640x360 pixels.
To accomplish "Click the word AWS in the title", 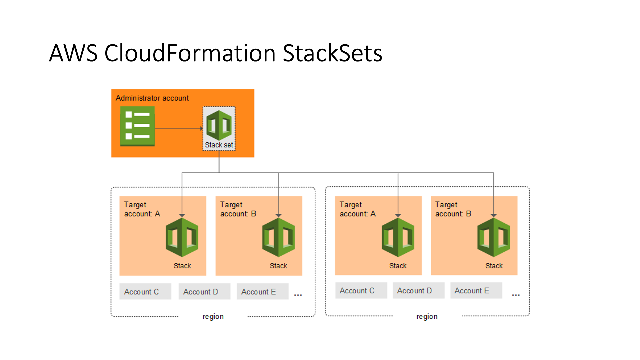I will [73, 53].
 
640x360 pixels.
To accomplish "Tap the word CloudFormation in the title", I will [190, 53].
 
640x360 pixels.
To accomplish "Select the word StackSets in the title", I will [332, 53].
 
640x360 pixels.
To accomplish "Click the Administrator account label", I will [152, 98].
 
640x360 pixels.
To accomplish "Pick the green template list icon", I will [137, 126].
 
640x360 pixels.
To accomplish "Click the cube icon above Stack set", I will [219, 125].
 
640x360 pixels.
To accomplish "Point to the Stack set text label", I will [219, 145].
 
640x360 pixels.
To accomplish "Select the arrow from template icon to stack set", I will [179, 128].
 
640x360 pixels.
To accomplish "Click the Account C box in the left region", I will [145, 292].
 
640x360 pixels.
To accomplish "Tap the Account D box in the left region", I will [204, 292].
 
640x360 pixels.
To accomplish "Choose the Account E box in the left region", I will [262, 292].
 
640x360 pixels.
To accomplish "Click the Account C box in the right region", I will [361, 291].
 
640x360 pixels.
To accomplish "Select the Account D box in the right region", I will [418, 291].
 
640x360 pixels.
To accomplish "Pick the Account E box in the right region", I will [476, 291].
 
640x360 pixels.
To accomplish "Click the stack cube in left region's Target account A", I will [182, 237].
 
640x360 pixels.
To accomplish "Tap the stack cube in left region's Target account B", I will [278, 237].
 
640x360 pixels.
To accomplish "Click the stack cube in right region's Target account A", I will [398, 237].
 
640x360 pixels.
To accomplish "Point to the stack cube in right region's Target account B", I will [494, 237].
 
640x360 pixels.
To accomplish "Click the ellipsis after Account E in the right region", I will [516, 295].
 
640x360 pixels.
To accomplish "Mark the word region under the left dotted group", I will [213, 316].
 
